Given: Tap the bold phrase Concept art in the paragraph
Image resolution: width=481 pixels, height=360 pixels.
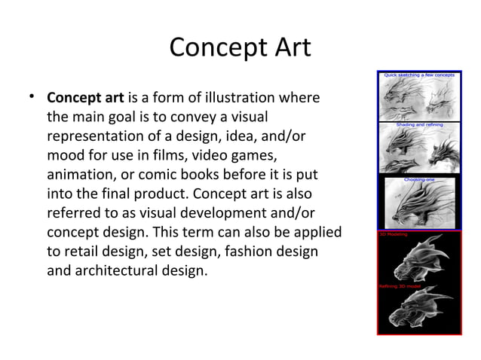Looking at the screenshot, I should coord(86,99).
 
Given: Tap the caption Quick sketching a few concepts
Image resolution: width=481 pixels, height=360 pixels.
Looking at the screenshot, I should coord(418,75).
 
